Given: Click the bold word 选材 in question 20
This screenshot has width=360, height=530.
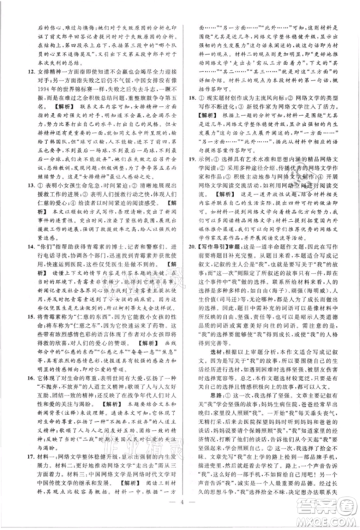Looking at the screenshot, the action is click(205, 361).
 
